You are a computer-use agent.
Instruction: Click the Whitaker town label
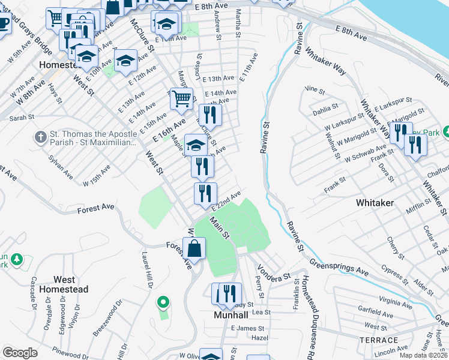[375, 203]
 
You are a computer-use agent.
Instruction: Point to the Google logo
[20, 353]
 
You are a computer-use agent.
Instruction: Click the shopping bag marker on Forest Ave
[194, 248]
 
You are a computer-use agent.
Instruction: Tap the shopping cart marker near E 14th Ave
[181, 98]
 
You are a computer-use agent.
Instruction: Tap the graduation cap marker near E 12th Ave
[125, 61]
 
